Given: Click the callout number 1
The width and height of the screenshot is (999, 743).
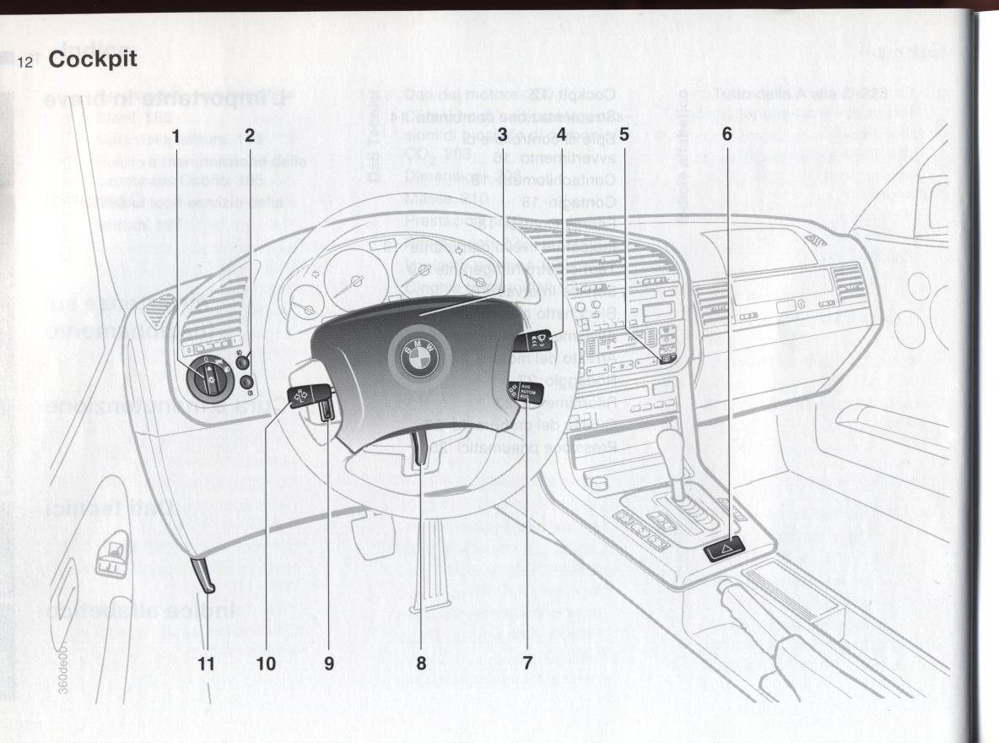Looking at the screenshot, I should pos(176,134).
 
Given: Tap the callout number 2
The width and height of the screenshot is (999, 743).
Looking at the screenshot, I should pos(249,134).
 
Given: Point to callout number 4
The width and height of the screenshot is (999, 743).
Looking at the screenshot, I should pos(560,134).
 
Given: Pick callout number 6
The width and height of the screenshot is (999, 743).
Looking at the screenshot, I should pos(726,134).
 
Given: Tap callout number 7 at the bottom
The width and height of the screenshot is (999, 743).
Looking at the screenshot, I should pos(527,663).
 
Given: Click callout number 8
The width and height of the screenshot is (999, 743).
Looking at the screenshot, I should pos(421,663).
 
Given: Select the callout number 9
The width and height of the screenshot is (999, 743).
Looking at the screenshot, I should pos(329,663).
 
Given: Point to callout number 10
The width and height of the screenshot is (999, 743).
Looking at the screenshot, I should pos(266,663).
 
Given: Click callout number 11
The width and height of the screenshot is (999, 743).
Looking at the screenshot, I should pos(207,663).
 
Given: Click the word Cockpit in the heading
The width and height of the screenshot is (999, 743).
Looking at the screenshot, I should pos(93,61).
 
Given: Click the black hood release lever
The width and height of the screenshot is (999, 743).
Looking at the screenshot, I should pos(203,577).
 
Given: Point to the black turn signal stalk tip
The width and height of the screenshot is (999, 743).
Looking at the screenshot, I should pos(300,395).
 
